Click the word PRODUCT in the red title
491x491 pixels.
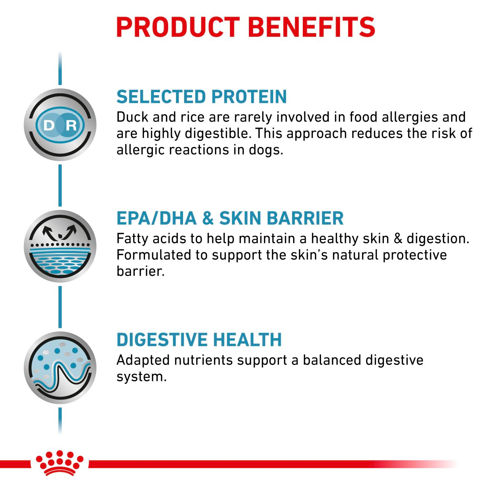tap(178, 27)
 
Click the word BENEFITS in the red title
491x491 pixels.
tap(311, 27)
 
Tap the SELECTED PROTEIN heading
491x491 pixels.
tap(202, 97)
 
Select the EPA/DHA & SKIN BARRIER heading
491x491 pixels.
tap(230, 218)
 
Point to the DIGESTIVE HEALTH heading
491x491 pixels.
tap(199, 340)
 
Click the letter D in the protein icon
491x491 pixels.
tap(49, 125)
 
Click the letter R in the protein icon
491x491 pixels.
tap(71, 125)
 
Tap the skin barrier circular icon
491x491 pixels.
tap(60, 246)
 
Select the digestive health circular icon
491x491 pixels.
tap(60, 368)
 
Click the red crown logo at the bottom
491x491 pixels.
tap(60, 463)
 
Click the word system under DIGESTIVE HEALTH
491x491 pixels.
tap(141, 377)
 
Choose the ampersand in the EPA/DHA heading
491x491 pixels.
tap(208, 218)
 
